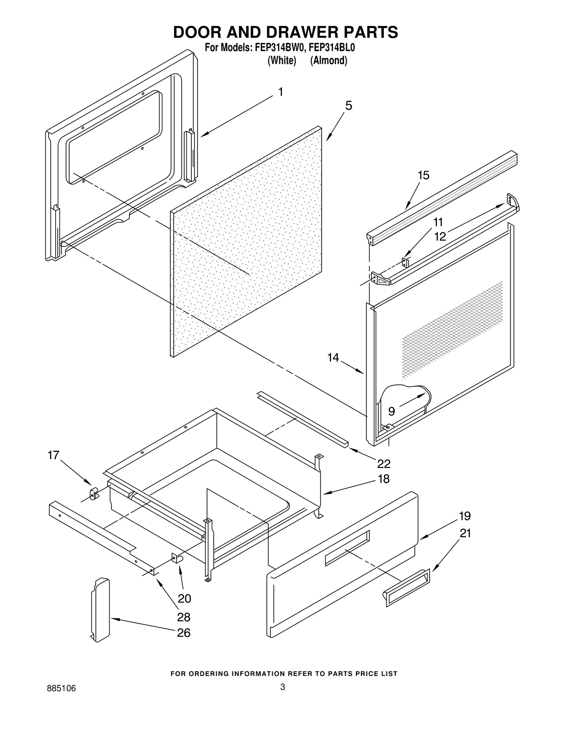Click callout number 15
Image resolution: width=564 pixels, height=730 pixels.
click(x=423, y=175)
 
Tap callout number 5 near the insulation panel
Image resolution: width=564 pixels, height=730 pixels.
click(x=348, y=105)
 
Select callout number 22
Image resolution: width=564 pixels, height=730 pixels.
click(x=384, y=464)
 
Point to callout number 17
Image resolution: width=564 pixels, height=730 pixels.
click(x=53, y=455)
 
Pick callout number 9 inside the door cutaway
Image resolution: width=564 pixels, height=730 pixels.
click(x=391, y=411)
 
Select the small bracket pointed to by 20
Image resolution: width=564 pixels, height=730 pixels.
click(x=176, y=558)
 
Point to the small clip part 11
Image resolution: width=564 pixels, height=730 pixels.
click(x=405, y=262)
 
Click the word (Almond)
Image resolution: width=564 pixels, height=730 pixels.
click(x=329, y=61)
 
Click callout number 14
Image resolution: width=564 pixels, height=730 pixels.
click(x=333, y=358)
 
